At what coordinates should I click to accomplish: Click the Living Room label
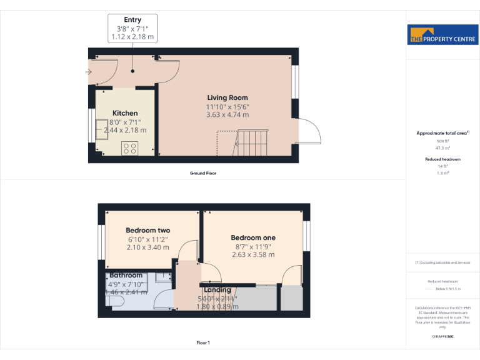(227, 97)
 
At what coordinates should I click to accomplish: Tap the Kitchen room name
(124, 112)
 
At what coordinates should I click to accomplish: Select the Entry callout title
(132, 20)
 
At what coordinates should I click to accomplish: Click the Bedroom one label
(253, 237)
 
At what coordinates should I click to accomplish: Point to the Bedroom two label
(148, 230)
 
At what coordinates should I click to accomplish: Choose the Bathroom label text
(126, 275)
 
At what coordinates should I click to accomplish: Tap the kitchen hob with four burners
(130, 148)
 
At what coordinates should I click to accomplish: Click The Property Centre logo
(442, 35)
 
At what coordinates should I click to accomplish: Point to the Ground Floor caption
(203, 173)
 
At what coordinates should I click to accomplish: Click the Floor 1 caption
(203, 342)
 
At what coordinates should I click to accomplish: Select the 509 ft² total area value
(442, 142)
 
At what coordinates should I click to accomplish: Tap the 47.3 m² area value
(442, 149)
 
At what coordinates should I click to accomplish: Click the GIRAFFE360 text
(442, 337)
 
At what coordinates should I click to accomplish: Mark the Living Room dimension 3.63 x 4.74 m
(227, 115)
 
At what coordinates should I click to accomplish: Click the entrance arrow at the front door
(89, 72)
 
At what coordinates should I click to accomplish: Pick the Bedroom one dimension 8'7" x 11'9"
(253, 246)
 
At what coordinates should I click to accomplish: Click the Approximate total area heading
(441, 133)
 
